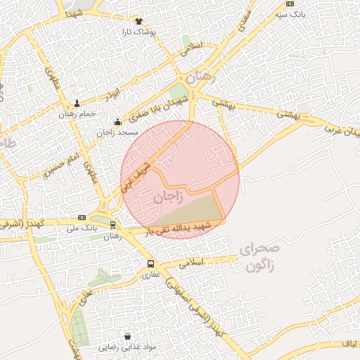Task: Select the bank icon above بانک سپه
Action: click(x=290, y=4)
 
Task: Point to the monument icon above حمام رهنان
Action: click(x=77, y=103)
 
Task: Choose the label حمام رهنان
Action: click(x=76, y=115)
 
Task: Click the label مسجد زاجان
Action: click(x=118, y=133)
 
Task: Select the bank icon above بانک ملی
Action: click(x=82, y=217)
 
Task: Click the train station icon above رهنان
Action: click(x=112, y=225)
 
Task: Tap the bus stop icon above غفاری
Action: click(x=150, y=264)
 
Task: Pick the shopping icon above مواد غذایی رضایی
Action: click(x=127, y=336)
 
